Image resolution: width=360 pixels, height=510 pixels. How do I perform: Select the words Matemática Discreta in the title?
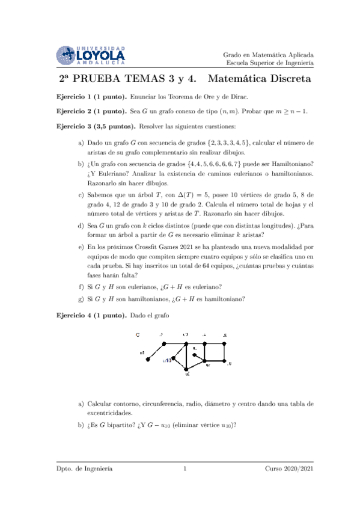(x=261, y=79)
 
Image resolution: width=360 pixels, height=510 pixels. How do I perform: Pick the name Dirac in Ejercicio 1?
(x=236, y=96)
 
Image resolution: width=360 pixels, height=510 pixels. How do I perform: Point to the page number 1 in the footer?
(x=186, y=469)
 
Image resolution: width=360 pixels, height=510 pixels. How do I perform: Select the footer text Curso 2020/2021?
(x=288, y=469)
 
